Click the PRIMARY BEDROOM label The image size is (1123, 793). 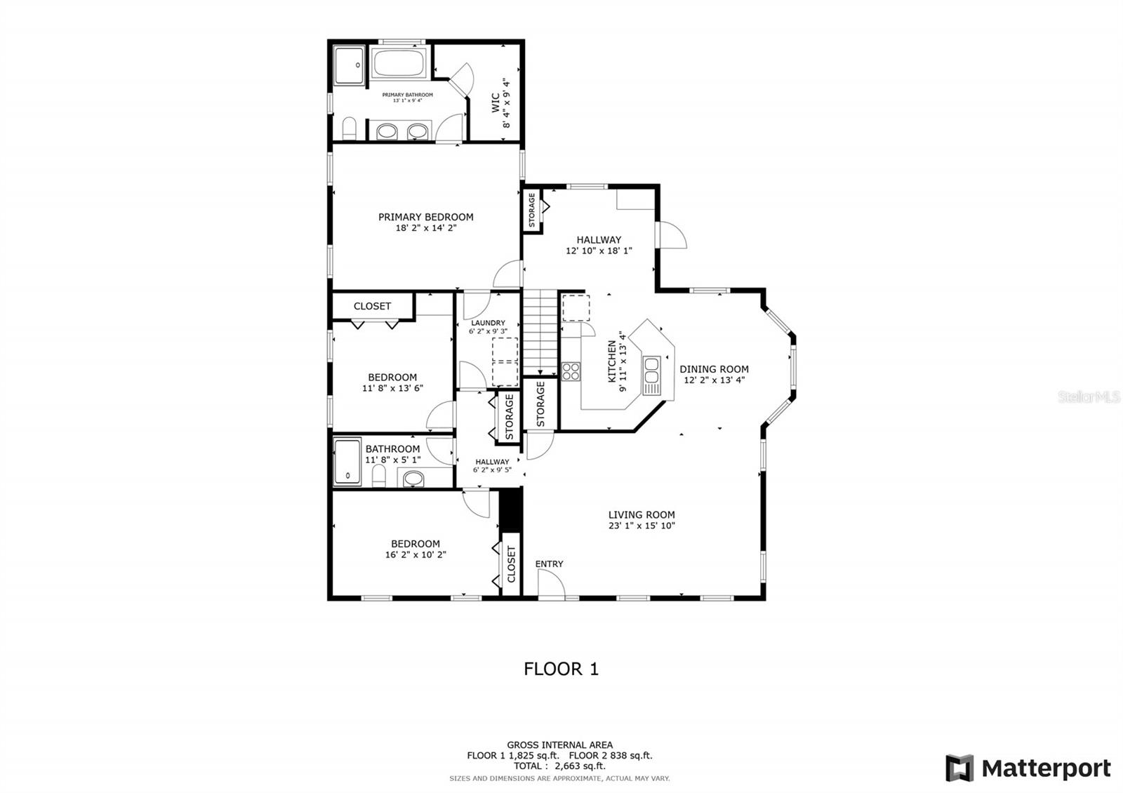click(x=425, y=217)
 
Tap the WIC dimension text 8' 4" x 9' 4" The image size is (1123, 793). click(x=506, y=103)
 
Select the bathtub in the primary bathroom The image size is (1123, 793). click(x=399, y=62)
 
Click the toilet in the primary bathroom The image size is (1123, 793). click(x=349, y=128)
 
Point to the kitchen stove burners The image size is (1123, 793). click(x=571, y=371)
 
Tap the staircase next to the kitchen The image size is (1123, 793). click(x=540, y=333)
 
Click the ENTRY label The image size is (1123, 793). click(x=549, y=564)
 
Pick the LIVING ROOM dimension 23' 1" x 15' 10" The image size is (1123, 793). click(x=642, y=526)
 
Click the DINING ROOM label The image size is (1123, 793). click(x=714, y=369)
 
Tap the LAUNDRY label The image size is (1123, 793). click(x=488, y=323)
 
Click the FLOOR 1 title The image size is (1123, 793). click(x=561, y=669)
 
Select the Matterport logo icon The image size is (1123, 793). click(x=959, y=768)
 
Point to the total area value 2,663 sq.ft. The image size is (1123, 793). click(x=580, y=766)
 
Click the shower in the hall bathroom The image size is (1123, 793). click(x=347, y=462)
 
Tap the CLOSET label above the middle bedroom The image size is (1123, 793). click(x=372, y=306)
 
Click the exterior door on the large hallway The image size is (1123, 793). click(x=672, y=234)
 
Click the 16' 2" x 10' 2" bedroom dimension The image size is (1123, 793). click(x=416, y=554)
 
